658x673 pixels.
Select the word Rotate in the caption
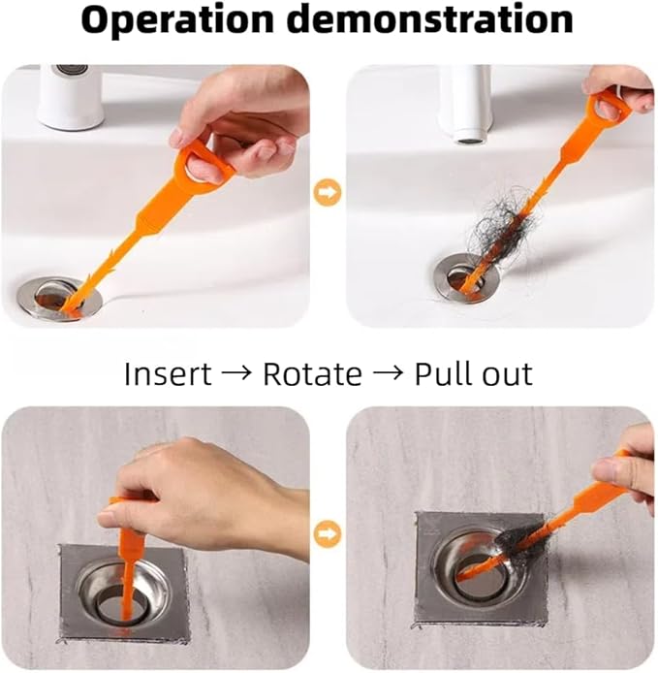click(x=312, y=373)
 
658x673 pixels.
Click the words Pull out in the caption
click(x=473, y=373)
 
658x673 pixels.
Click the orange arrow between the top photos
click(x=329, y=193)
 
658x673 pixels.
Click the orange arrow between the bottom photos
click(x=329, y=531)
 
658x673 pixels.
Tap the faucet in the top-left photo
click(x=71, y=97)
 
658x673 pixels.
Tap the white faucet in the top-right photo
click(x=465, y=103)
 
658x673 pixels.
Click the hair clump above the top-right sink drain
click(x=494, y=228)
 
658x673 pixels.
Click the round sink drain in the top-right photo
click(x=470, y=278)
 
